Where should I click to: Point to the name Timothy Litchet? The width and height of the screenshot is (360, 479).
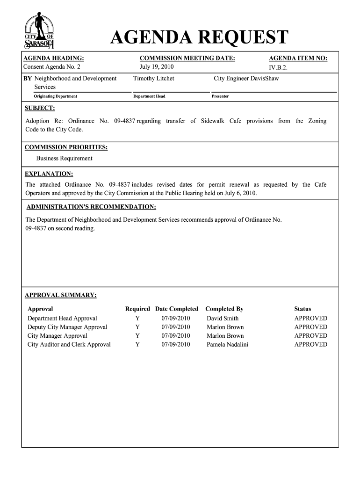153,79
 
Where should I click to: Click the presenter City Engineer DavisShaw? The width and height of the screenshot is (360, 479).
246,79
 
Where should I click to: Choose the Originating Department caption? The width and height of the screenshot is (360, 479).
55,96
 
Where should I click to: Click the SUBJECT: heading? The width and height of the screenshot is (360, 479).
40,109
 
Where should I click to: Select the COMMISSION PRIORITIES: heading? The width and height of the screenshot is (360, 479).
66,147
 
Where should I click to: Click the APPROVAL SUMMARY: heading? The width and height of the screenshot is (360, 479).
60,295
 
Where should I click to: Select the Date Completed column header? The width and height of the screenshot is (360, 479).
177,309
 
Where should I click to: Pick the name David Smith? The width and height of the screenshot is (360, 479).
223,318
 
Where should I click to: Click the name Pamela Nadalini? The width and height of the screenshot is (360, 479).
227,345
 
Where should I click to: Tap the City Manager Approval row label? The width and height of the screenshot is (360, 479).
58,336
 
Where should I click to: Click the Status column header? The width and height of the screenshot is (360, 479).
302,309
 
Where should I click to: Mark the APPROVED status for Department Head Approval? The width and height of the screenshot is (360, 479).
310,318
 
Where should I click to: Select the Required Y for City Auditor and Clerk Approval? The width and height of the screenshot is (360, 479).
137,345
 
